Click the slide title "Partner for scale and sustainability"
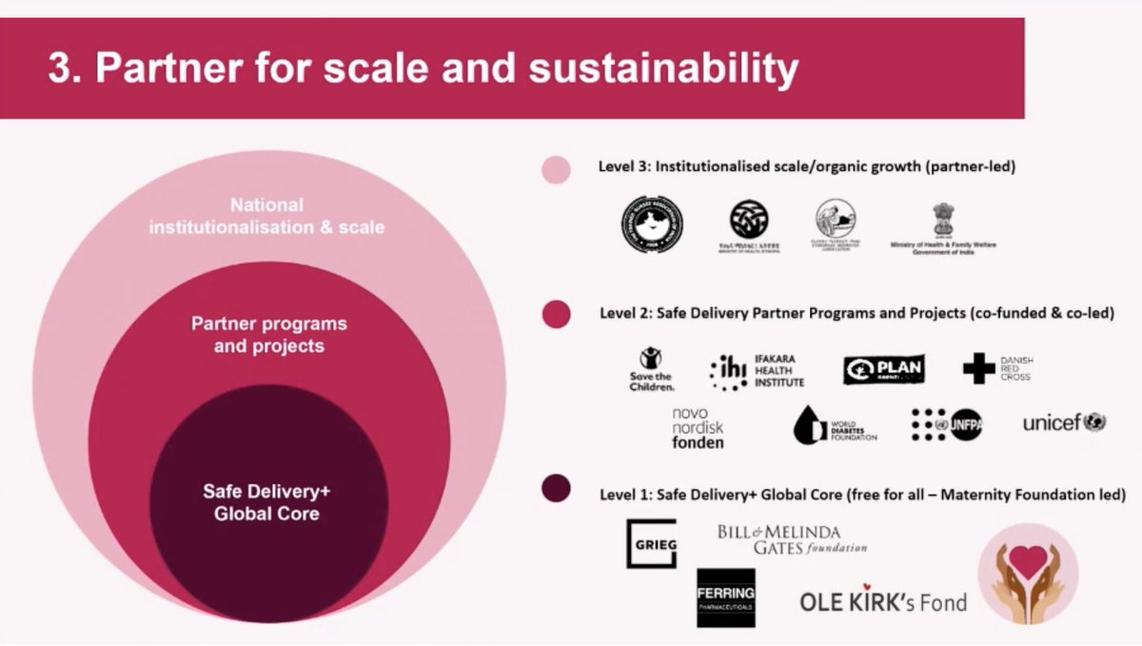click(x=423, y=69)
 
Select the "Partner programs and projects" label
click(x=269, y=334)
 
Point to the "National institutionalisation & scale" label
click(x=266, y=216)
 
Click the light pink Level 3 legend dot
click(x=556, y=169)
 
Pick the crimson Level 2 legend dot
click(x=556, y=314)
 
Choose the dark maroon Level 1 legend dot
click(x=556, y=489)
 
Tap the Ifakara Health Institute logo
click(x=757, y=371)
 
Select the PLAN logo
click(x=883, y=369)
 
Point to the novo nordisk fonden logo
click(x=698, y=427)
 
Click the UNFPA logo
click(x=946, y=425)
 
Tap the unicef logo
click(x=1064, y=422)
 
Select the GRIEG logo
click(x=651, y=543)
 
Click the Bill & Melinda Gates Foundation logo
click(x=792, y=539)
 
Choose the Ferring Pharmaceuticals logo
click(x=725, y=597)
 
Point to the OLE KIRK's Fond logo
click(x=882, y=600)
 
